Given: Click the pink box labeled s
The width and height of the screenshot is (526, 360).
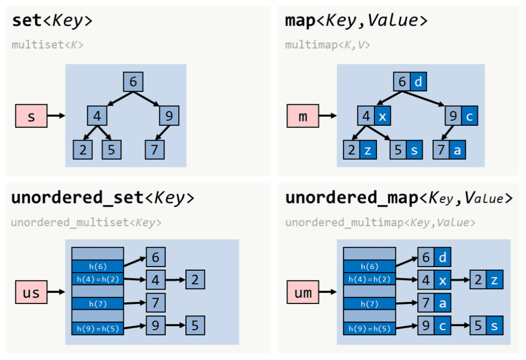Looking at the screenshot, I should click(x=31, y=116).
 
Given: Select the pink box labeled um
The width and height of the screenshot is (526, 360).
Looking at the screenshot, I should click(x=303, y=293).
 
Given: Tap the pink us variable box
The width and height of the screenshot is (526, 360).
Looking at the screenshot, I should click(x=31, y=293).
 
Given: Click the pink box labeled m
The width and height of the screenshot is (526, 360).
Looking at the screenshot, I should click(x=303, y=116).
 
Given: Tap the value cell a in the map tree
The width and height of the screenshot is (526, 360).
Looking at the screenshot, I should click(x=458, y=149).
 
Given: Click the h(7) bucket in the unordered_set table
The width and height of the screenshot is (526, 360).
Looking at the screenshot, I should click(x=98, y=304).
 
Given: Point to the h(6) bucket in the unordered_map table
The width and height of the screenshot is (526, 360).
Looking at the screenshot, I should click(x=369, y=266).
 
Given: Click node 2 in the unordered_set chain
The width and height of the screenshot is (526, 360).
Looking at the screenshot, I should click(x=195, y=280).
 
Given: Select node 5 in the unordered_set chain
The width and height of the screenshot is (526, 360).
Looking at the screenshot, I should click(x=195, y=326).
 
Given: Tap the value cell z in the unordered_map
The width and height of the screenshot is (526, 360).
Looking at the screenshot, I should click(x=494, y=280).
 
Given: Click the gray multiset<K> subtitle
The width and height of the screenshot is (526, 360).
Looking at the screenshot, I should click(x=47, y=45).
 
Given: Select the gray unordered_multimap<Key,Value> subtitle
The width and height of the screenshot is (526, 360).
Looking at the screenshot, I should click(x=380, y=222).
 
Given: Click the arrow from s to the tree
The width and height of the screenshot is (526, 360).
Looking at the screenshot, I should click(x=55, y=116).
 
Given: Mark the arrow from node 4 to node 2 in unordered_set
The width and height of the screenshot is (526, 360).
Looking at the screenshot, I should click(x=175, y=280).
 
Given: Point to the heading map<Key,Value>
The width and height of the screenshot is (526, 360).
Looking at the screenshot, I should click(x=356, y=21).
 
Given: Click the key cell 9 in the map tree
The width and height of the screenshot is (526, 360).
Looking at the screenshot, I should click(x=453, y=116).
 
